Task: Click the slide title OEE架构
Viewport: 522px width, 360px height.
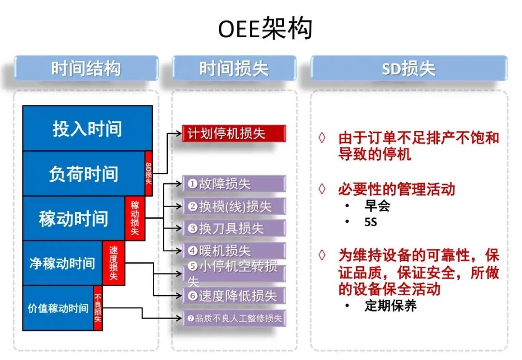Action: pyautogui.click(x=265, y=29)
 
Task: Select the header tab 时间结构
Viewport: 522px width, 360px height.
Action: pyautogui.click(x=86, y=68)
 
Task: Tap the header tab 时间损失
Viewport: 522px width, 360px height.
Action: pyautogui.click(x=234, y=68)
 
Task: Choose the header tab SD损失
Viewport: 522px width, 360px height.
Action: pyautogui.click(x=409, y=68)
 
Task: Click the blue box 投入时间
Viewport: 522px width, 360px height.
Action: pyautogui.click(x=87, y=129)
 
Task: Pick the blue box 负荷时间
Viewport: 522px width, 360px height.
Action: pyautogui.click(x=84, y=173)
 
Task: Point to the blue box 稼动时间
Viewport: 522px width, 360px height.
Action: pyautogui.click(x=73, y=218)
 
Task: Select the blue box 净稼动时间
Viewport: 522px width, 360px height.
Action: pyautogui.click(x=62, y=263)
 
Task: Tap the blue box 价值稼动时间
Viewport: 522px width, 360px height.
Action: pyautogui.click(x=58, y=308)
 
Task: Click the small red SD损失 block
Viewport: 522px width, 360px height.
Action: pyautogui.click(x=148, y=173)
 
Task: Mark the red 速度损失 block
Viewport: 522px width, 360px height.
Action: pyautogui.click(x=114, y=263)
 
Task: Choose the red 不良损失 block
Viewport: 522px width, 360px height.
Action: pyautogui.click(x=98, y=308)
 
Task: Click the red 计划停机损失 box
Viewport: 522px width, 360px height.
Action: pyautogui.click(x=234, y=133)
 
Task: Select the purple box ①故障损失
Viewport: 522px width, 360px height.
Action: pyautogui.click(x=234, y=184)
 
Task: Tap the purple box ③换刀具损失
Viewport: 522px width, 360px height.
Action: pyautogui.click(x=234, y=228)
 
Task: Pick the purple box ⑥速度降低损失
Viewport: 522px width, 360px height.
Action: pyautogui.click(x=234, y=295)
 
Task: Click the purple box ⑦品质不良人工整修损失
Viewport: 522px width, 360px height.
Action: pyautogui.click(x=234, y=318)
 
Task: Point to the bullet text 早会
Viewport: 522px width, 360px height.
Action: pyautogui.click(x=377, y=206)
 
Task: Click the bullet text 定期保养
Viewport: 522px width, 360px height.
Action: pyautogui.click(x=391, y=305)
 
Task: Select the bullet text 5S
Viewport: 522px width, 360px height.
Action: pyautogui.click(x=371, y=222)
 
